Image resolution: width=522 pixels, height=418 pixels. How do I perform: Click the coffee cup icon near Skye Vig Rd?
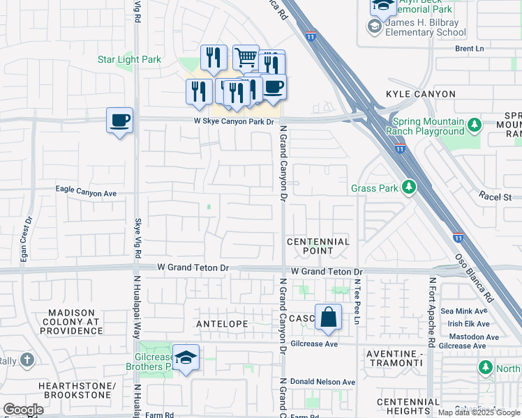pos(119,121)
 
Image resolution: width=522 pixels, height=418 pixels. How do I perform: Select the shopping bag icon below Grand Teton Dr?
pos(328,318)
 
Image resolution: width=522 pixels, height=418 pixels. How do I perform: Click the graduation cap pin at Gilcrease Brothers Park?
pos(186,357)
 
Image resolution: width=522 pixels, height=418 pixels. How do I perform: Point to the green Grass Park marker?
pos(409,187)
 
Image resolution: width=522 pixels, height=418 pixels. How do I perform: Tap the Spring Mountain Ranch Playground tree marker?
pos(475,125)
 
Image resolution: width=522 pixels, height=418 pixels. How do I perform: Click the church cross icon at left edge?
pos(27,360)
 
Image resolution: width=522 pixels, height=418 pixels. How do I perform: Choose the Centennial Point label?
pos(318,247)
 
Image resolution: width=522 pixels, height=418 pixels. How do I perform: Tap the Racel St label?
pos(495,197)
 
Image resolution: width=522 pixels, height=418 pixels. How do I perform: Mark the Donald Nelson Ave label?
pos(323,382)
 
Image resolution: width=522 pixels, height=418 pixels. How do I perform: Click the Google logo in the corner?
pos(23,410)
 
